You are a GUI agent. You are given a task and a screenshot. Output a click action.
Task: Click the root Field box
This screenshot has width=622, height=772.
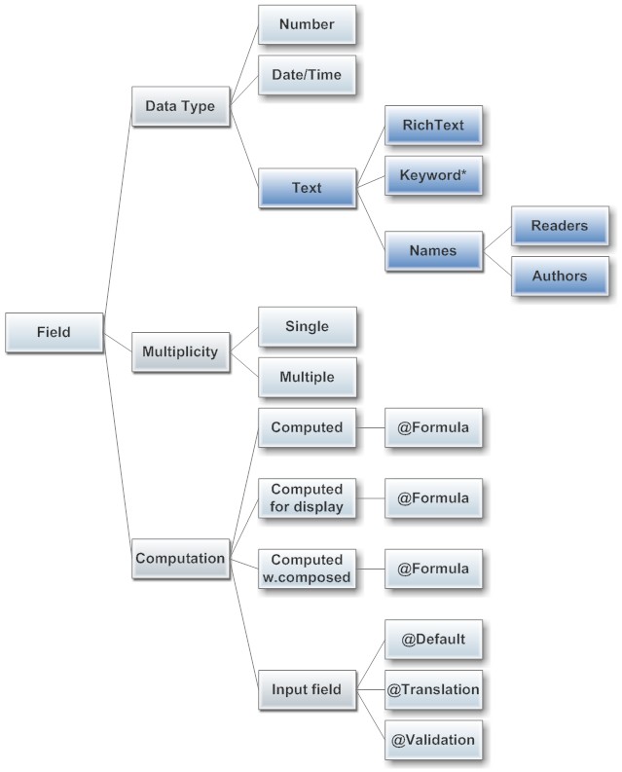pyautogui.click(x=54, y=332)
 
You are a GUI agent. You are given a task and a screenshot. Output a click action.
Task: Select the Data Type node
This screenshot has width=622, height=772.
pyautogui.click(x=180, y=106)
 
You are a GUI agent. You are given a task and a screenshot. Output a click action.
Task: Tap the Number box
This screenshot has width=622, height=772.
pyautogui.click(x=307, y=25)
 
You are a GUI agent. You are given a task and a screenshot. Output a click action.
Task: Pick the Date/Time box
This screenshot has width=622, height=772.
pyautogui.click(x=307, y=74)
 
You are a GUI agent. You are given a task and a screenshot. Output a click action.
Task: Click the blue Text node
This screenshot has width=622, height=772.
pyautogui.click(x=307, y=187)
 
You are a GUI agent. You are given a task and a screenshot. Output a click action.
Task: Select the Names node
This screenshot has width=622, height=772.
pyautogui.click(x=433, y=250)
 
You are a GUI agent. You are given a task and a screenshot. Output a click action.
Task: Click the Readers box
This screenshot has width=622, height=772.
pyautogui.click(x=560, y=226)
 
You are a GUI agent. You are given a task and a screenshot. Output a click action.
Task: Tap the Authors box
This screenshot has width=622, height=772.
pyautogui.click(x=560, y=276)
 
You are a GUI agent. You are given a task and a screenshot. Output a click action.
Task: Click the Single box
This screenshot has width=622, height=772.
pyautogui.click(x=307, y=327)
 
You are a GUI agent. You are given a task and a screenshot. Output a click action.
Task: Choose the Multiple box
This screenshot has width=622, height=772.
pyautogui.click(x=307, y=376)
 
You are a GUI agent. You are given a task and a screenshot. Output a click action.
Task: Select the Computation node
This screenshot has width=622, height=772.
pyautogui.click(x=180, y=559)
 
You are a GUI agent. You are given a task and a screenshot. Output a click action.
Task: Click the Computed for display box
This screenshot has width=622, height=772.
pyautogui.click(x=307, y=497)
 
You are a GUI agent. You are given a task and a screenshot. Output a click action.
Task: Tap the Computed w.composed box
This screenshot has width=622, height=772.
pyautogui.click(x=307, y=568)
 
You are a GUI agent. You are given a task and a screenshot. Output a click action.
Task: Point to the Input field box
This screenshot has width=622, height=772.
pyautogui.click(x=307, y=690)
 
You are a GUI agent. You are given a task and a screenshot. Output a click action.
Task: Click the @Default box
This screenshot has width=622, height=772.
pyautogui.click(x=433, y=640)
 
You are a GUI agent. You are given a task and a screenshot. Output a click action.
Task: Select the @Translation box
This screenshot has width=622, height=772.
pyautogui.click(x=433, y=690)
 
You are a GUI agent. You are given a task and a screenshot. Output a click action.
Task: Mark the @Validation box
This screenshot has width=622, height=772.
pyautogui.click(x=433, y=740)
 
